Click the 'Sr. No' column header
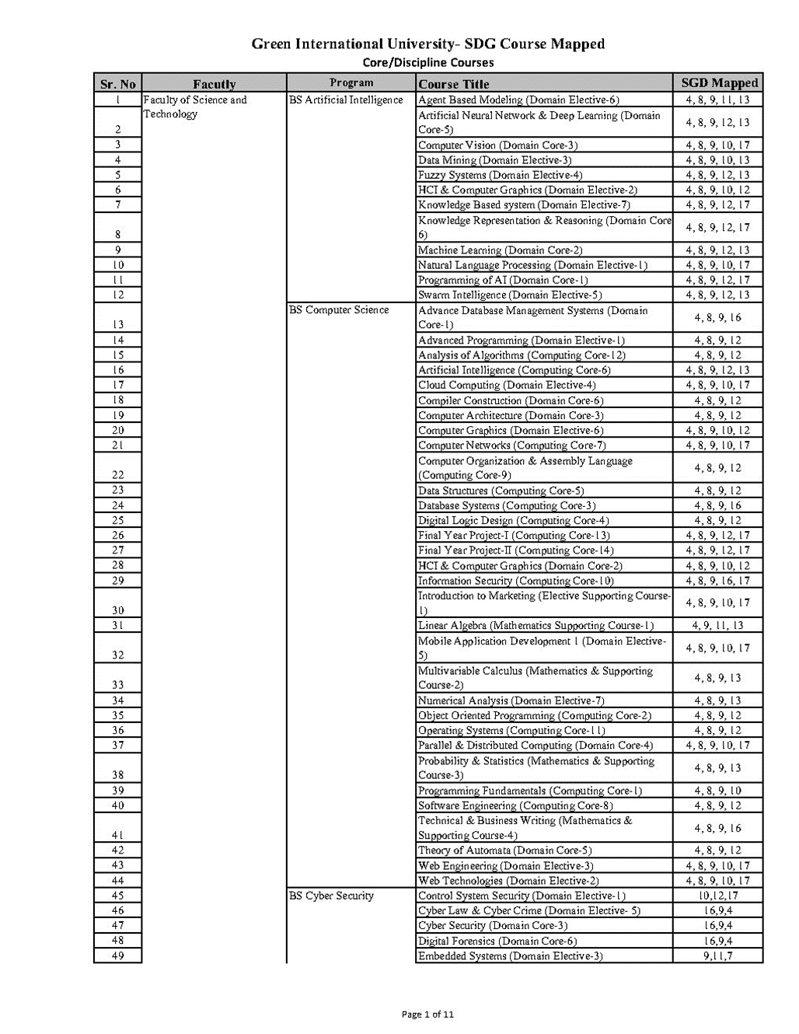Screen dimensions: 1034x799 [x=117, y=84]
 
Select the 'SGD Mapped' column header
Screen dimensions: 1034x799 [x=718, y=83]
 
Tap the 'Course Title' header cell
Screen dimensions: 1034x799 [x=454, y=84]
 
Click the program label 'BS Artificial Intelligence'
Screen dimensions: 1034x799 [x=346, y=100]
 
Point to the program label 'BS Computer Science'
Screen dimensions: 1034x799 [x=339, y=309]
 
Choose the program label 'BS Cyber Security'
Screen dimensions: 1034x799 [x=331, y=896]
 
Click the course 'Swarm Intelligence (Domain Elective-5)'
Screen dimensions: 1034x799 [x=510, y=295]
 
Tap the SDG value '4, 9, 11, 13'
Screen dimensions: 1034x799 [x=718, y=625]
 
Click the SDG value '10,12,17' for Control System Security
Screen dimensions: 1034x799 [x=718, y=896]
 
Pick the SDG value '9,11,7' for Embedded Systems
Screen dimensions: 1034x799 [x=718, y=955]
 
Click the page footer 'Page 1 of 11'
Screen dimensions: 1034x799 [x=427, y=1014]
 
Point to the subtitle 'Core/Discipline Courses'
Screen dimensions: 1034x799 [x=428, y=62]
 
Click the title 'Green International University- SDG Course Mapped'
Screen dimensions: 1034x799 [x=428, y=44]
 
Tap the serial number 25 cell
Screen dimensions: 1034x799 [x=117, y=520]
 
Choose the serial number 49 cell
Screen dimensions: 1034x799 [x=117, y=955]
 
